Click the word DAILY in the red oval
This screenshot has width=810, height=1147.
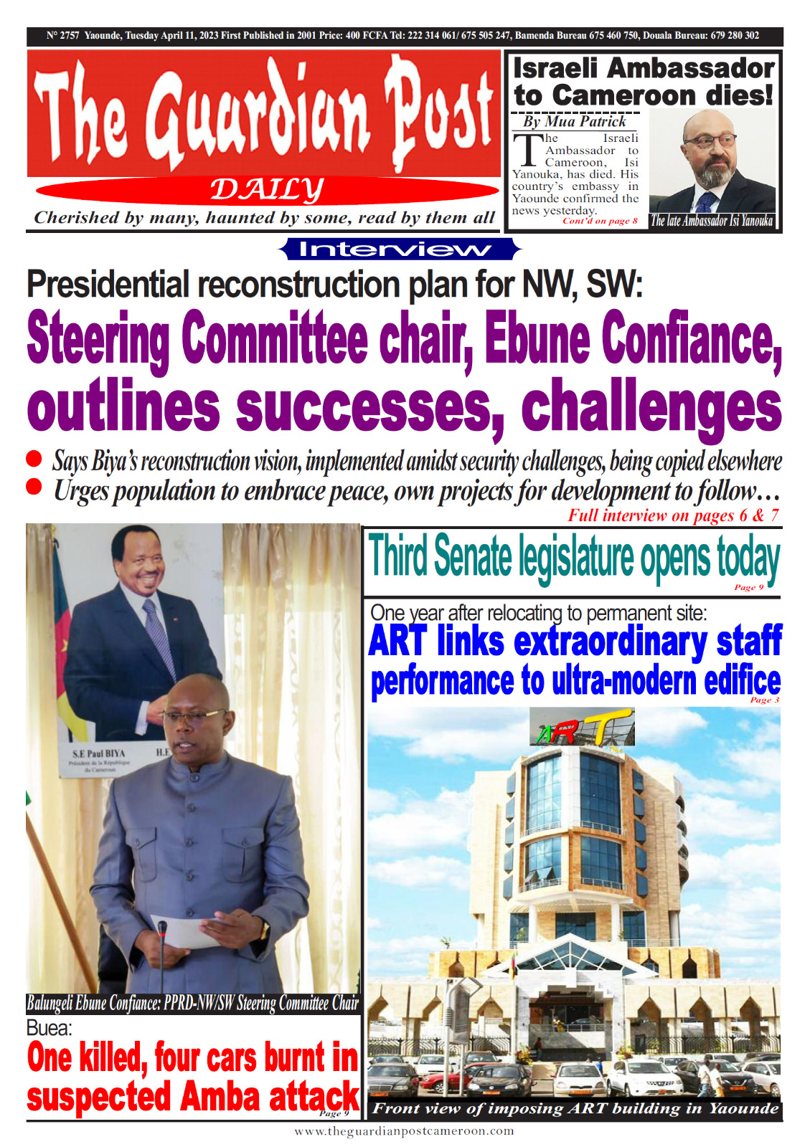point(266,190)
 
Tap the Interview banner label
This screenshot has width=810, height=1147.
point(399,249)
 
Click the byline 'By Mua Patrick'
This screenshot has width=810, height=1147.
point(575,121)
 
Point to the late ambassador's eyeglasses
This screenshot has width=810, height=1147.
point(710,141)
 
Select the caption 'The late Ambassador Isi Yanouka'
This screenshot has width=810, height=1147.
point(711,221)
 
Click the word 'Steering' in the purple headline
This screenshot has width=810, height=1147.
point(98,340)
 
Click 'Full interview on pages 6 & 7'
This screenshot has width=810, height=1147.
point(672,515)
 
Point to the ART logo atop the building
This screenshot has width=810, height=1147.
point(583,728)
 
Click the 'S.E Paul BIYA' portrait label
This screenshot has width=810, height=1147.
point(98,753)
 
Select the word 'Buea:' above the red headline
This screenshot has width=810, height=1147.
point(49,1028)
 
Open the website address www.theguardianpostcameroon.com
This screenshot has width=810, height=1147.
point(404,1131)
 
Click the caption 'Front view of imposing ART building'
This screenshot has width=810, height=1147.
point(575,1108)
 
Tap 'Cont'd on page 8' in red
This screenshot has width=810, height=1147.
point(600,221)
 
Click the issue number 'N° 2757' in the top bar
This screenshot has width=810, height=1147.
point(62,35)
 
